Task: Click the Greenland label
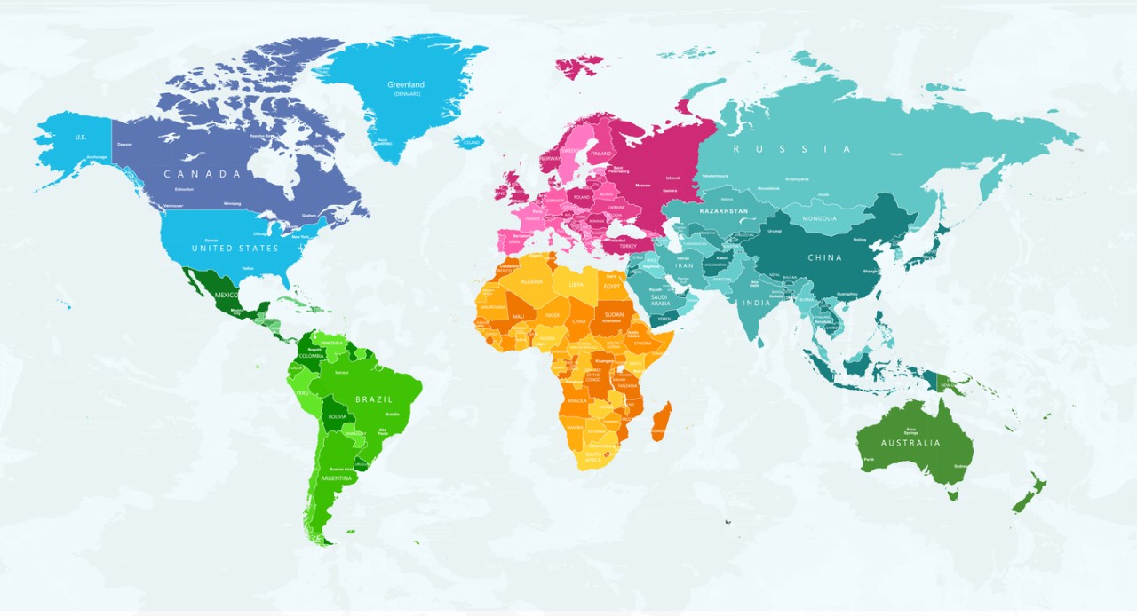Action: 405,85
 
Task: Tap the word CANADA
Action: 203,174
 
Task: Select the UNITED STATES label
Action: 235,248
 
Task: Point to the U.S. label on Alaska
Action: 80,137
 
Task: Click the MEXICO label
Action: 226,295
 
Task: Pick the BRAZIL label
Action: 373,399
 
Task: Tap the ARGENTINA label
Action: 336,478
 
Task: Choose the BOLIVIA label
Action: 338,416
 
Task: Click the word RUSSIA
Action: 791,149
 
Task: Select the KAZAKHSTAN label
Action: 724,211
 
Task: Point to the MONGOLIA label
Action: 819,218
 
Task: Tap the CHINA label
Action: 824,257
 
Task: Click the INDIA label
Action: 756,303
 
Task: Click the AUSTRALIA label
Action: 910,443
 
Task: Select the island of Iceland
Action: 468,142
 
